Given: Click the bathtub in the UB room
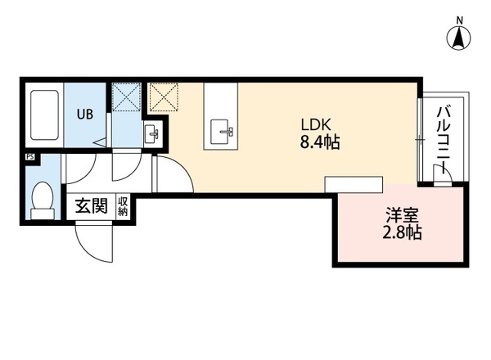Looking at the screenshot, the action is pos(44,115).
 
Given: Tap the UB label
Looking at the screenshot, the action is pos(85,115).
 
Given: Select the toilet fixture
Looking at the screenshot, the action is pos(43,200).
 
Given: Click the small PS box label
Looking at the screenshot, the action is pos(30,157).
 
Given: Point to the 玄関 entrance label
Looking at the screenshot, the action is pos(92,206).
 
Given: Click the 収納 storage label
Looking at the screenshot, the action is pos(123,207).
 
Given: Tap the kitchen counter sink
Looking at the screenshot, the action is pos(222,132).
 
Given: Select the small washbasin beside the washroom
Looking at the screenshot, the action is pos(152,133).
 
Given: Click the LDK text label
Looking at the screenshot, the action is pos(316,125).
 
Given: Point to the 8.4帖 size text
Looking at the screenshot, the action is pos(320,142).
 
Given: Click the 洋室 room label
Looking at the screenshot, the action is pos(402,216).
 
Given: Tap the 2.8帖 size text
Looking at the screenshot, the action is pos(402,232).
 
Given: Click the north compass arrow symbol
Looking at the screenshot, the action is pos(459,38).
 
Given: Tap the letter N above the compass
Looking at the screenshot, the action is pos(459,20).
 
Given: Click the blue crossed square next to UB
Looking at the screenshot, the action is pos(126,97).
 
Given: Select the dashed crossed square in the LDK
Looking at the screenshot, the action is pos(164,97).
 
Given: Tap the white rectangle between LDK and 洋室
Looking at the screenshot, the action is pos(354,184).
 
